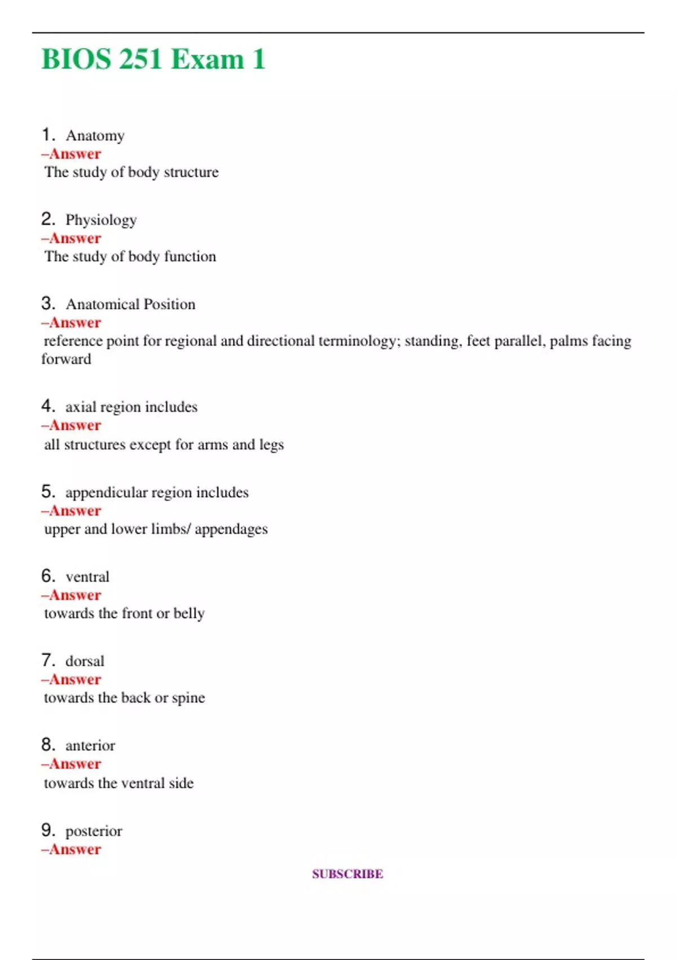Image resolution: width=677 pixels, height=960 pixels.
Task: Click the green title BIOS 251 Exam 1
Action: (153, 59)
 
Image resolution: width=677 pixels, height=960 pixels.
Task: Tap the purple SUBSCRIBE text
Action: (348, 874)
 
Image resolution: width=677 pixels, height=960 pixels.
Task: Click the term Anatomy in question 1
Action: (95, 136)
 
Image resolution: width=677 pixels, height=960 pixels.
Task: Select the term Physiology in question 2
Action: (101, 220)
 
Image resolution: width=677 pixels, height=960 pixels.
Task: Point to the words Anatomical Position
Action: (130, 304)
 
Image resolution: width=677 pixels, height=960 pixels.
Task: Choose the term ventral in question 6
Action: (87, 577)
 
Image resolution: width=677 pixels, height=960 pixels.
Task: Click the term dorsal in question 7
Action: (85, 661)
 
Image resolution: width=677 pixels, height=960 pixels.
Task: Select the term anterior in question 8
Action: (90, 745)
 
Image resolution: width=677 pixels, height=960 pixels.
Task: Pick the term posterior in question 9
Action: (94, 831)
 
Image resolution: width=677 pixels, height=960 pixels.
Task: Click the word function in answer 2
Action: (190, 256)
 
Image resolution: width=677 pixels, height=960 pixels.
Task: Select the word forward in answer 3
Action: (66, 359)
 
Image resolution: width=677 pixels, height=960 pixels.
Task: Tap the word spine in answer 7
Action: (188, 698)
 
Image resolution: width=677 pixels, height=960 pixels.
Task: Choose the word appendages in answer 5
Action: (231, 529)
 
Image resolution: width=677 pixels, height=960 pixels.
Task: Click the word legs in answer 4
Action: (271, 445)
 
